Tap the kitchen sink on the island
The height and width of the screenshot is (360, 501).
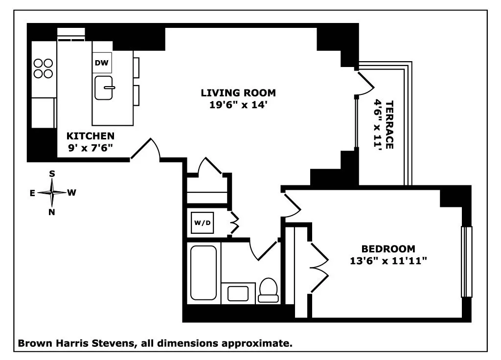click(x=104, y=88)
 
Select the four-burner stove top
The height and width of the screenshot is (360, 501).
click(x=43, y=68)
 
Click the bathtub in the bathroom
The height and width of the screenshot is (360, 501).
click(x=203, y=272)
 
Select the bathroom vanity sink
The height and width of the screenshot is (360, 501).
click(x=238, y=293)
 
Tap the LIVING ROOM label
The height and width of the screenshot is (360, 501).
click(x=238, y=92)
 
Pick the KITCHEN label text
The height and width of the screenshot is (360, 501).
click(x=91, y=136)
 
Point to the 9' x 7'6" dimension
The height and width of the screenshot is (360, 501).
click(x=91, y=147)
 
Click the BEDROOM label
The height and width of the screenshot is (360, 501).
click(x=388, y=248)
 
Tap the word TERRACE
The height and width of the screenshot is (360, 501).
click(x=389, y=125)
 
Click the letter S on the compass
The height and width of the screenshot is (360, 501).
click(x=52, y=174)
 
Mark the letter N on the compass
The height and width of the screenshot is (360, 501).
click(x=52, y=212)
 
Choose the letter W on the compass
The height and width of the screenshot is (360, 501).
click(x=71, y=193)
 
